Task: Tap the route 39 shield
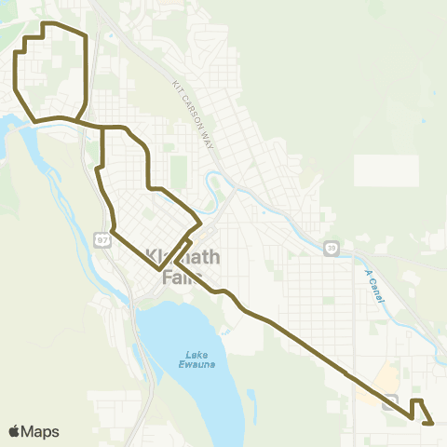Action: pos(331,248)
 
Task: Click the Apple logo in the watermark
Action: pos(15,431)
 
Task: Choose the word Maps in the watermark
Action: pos(40,431)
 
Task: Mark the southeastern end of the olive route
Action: pos(433,423)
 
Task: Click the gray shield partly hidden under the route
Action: pos(391,400)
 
